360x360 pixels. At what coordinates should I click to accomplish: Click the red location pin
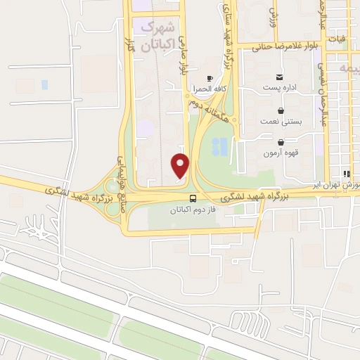(181, 165)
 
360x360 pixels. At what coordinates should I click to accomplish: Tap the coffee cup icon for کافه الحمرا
(209, 77)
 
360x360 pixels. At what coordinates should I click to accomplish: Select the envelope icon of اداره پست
(280, 77)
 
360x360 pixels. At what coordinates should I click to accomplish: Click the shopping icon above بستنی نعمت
(281, 110)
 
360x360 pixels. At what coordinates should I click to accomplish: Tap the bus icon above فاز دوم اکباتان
(193, 199)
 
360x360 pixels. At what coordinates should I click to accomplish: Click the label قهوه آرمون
(281, 153)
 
